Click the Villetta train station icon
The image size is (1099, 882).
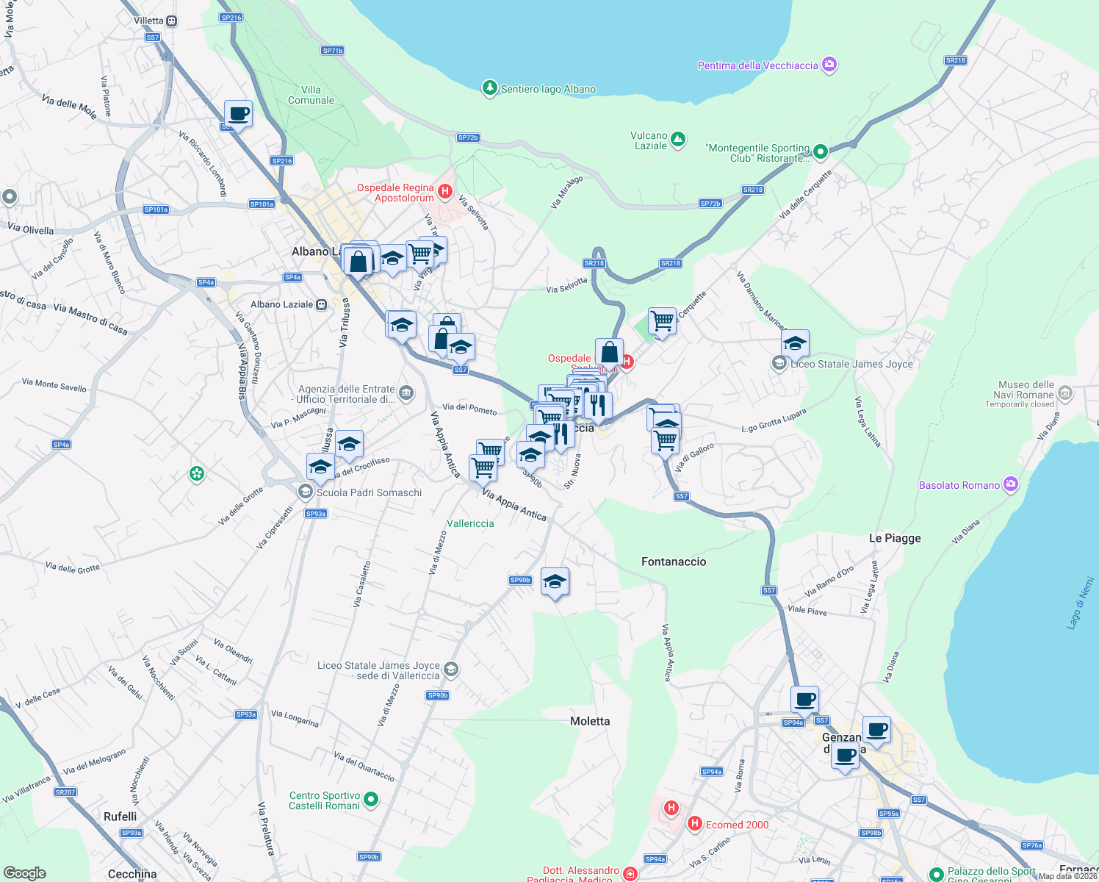[171, 21]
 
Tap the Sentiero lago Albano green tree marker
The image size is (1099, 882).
[489, 88]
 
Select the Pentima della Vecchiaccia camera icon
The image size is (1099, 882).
[829, 65]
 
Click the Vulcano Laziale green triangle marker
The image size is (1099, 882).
[678, 139]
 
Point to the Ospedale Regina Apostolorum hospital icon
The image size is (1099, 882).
[444, 192]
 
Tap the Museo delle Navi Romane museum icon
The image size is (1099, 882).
[1065, 394]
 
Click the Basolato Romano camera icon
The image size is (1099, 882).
[1011, 484]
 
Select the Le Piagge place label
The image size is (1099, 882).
[894, 538]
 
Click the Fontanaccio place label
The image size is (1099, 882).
[673, 562]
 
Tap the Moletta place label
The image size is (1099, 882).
[590, 721]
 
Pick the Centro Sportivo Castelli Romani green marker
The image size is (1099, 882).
[371, 799]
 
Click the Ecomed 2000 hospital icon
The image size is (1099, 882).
[694, 824]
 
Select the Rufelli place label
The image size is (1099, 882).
[120, 817]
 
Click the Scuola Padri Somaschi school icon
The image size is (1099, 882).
[305, 491]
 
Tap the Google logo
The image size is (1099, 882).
[25, 873]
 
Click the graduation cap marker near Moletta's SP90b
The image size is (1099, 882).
[555, 581]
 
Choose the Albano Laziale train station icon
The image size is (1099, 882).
[321, 304]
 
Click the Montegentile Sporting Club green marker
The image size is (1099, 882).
[821, 151]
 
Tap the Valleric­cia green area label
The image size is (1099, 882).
[470, 523]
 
